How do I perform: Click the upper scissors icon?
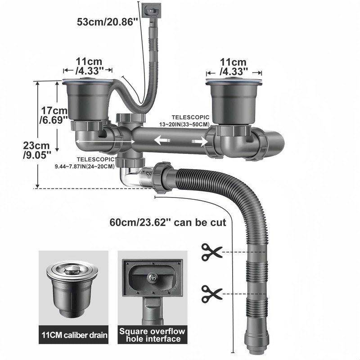click(211, 252)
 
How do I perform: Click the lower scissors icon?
click(211, 293)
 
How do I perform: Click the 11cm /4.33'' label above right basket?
click(234, 66)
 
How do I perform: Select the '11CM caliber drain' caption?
click(73, 335)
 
